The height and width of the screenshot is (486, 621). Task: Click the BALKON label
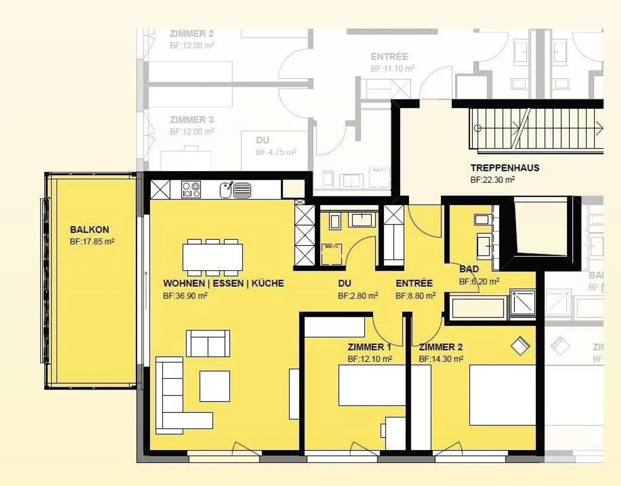(89, 230)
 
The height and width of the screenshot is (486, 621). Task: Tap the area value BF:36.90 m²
(185, 296)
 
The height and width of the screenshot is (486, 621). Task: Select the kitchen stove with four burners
(191, 189)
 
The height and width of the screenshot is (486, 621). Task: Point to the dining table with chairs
(213, 257)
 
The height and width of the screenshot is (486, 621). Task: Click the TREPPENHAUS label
(505, 168)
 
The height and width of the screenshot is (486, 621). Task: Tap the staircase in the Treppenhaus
(535, 128)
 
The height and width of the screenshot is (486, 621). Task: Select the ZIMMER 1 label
(369, 347)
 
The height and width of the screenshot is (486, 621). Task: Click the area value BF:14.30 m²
(441, 359)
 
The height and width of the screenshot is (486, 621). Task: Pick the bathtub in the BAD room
(477, 307)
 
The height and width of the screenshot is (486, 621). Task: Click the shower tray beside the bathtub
(522, 303)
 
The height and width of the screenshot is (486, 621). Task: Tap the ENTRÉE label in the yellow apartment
(414, 284)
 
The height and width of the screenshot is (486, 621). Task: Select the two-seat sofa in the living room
(208, 344)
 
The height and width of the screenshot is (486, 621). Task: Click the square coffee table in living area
(215, 386)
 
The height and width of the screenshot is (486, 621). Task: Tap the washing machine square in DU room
(332, 254)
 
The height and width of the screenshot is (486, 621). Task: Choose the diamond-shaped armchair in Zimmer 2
(520, 346)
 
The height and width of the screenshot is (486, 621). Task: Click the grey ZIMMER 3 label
(191, 120)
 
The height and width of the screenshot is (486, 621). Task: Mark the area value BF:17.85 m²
(92, 242)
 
